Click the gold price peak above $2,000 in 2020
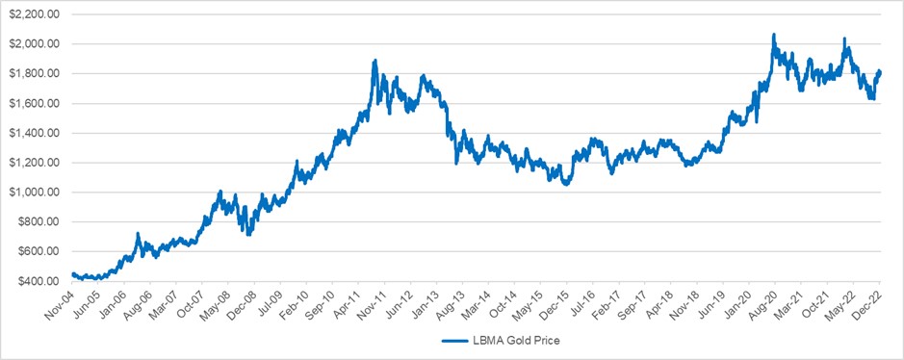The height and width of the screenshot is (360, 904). point(773,36)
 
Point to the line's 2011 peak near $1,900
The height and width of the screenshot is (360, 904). point(374,61)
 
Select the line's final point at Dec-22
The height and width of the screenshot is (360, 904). point(880,72)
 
